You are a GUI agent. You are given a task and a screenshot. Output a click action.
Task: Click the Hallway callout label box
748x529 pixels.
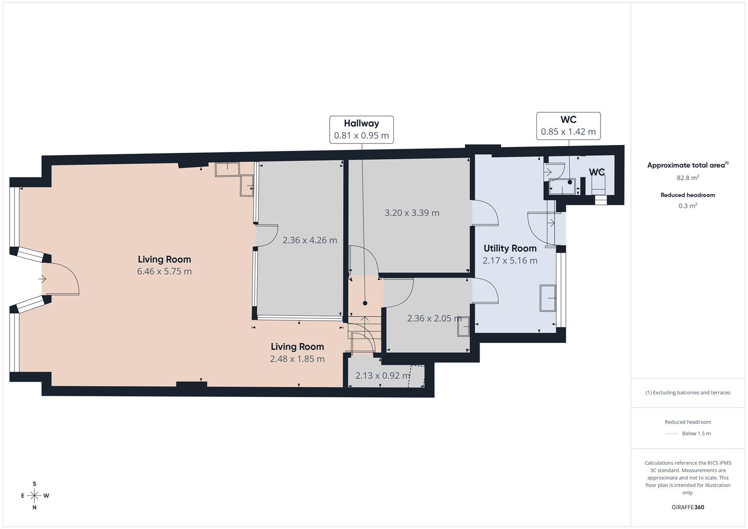click(x=361, y=129)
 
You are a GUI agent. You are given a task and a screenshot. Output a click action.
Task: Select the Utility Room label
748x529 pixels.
click(x=510, y=248)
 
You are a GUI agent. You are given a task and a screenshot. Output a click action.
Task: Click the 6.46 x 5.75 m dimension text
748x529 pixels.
click(x=164, y=271)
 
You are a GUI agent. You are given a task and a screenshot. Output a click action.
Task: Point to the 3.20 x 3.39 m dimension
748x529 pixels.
click(x=411, y=213)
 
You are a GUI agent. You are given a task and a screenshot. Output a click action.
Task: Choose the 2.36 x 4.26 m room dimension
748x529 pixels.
click(x=310, y=240)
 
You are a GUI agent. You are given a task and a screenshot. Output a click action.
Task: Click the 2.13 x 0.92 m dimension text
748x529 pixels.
click(x=383, y=376)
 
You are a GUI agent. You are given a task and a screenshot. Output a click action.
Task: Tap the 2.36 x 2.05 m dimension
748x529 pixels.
click(x=434, y=318)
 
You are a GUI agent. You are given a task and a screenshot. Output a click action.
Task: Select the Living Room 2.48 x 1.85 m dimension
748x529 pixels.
click(x=297, y=359)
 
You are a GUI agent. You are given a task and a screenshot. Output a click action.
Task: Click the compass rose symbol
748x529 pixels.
click(x=34, y=496)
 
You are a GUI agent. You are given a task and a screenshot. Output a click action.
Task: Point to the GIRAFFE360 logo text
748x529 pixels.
click(x=687, y=507)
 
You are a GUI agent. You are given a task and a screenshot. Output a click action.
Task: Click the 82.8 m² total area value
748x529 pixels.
click(x=687, y=178)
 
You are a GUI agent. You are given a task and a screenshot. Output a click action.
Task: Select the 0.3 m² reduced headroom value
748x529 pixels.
click(x=687, y=206)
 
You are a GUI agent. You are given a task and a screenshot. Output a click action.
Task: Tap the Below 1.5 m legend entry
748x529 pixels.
click(x=696, y=433)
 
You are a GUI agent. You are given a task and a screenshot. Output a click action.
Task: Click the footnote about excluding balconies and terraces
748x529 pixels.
click(x=687, y=392)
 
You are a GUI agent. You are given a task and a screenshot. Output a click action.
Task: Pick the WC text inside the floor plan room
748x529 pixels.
click(x=596, y=172)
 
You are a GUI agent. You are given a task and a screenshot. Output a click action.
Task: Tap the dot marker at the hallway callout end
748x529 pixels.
click(x=365, y=303)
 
